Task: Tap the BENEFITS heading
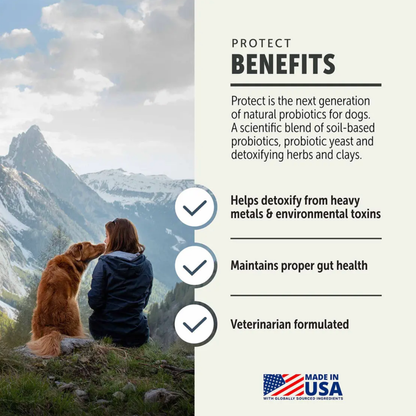coord(283,65)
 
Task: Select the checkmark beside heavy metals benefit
coord(196,207)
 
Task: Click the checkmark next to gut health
coord(196,266)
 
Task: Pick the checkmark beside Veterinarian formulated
coord(196,323)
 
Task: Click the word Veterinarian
coord(262,324)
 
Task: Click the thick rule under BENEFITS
coord(305,85)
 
